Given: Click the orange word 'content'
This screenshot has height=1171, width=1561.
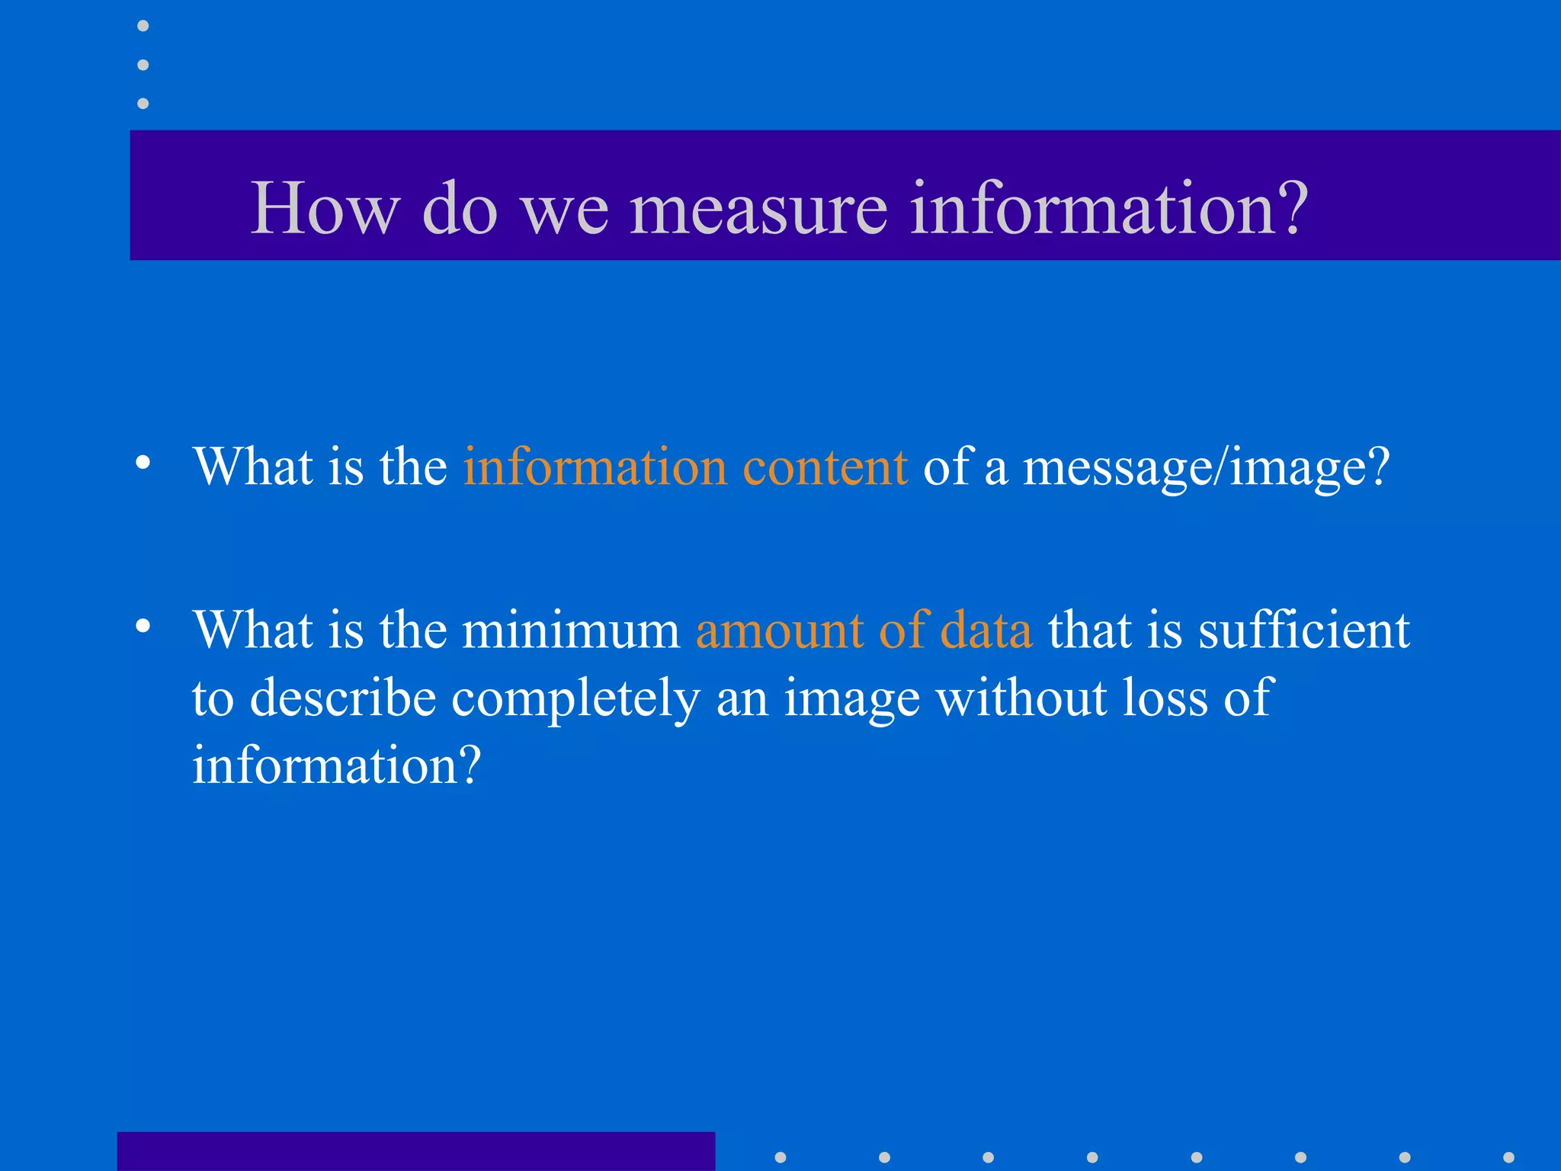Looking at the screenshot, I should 825,467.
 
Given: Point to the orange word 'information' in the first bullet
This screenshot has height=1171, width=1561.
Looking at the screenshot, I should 595,467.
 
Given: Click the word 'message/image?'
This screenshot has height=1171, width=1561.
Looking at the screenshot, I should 1206,468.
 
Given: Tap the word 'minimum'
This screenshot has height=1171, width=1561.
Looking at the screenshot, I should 571,630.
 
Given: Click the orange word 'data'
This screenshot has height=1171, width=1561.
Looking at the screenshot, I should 986,630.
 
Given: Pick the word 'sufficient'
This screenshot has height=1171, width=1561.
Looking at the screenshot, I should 1303,630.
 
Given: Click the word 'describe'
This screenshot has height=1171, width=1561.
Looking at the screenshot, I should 342,697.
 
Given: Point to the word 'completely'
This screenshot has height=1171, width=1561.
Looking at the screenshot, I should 575,698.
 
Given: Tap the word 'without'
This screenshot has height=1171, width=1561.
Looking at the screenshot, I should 1021,697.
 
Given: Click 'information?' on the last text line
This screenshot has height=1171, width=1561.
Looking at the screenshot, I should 336,765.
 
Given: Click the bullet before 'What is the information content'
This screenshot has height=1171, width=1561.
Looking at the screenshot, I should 143,462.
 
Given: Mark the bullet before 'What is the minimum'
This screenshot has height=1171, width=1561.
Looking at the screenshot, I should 143,626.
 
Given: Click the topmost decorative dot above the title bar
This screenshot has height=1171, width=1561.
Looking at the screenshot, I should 143,26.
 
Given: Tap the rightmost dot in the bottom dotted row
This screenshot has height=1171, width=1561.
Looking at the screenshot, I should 1508,1157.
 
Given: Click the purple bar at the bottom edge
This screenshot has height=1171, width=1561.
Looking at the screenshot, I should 415,1151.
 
